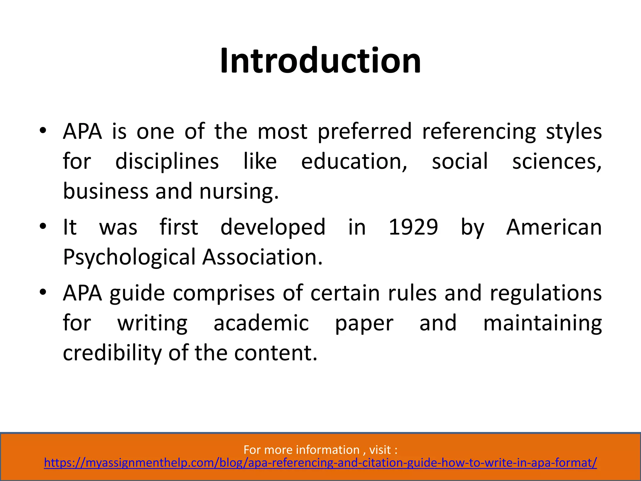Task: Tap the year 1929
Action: tap(413, 227)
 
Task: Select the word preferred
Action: tap(365, 132)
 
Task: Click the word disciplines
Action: tap(167, 162)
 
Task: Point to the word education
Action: tap(354, 162)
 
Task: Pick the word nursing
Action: tap(238, 192)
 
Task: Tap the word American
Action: tap(554, 227)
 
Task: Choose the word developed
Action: tap(273, 227)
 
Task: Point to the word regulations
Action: tap(546, 293)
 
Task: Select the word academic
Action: tap(261, 323)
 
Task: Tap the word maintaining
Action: tap(542, 323)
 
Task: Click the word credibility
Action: tap(112, 353)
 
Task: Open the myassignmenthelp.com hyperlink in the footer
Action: tap(320, 463)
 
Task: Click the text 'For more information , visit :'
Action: tap(320, 450)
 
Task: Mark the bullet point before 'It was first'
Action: tap(43, 226)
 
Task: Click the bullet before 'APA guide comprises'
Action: tap(43, 292)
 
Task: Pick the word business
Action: tap(105, 192)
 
